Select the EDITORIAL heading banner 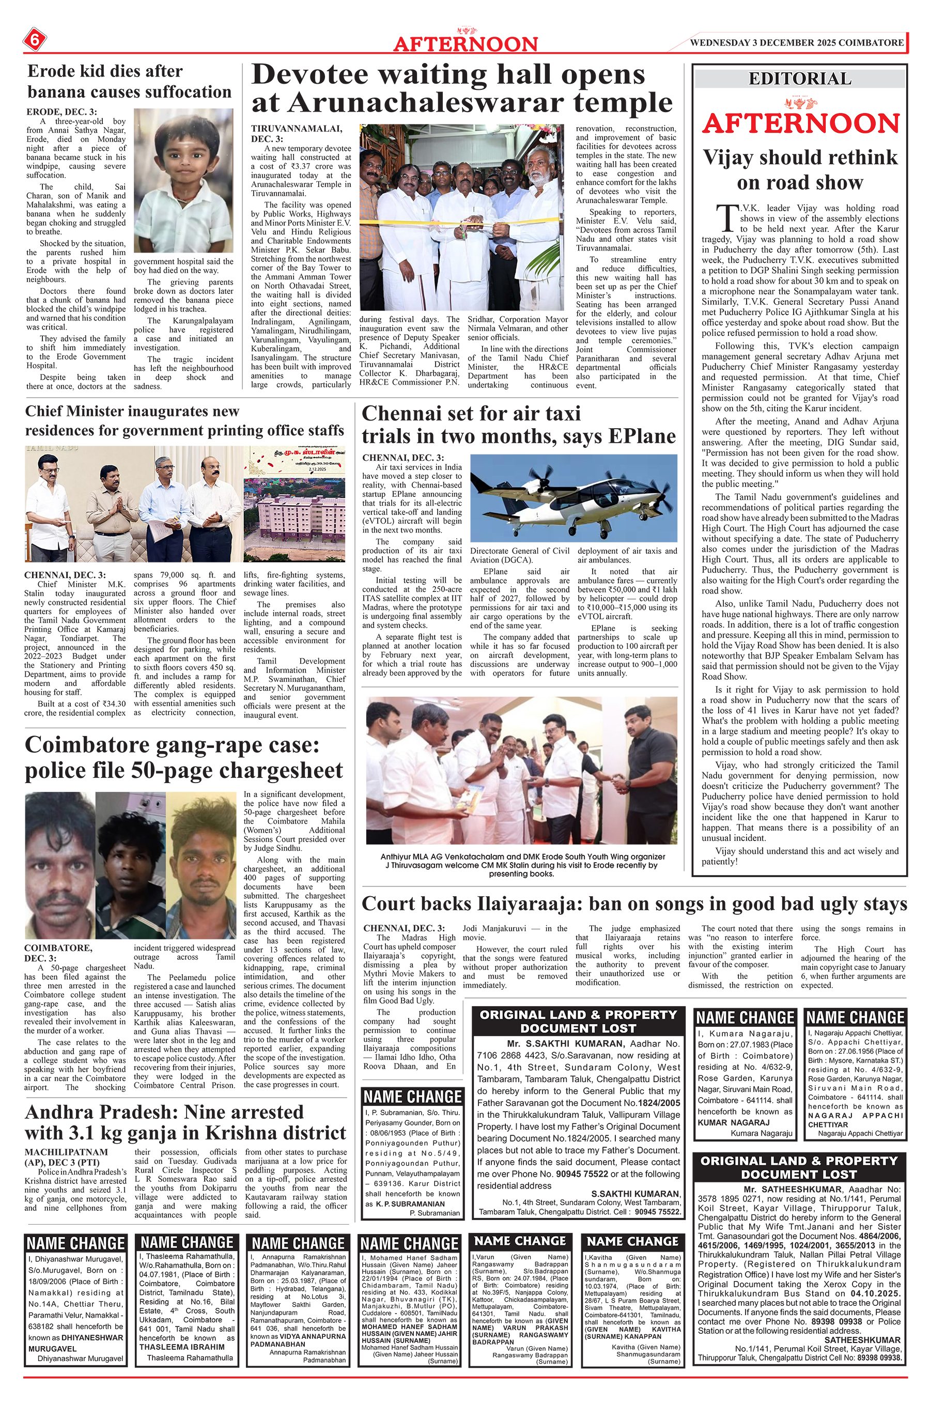click(x=799, y=79)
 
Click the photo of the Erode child click(x=183, y=181)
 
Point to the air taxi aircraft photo click(x=573, y=497)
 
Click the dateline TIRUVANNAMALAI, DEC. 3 click(x=296, y=133)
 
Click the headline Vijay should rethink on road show click(x=799, y=169)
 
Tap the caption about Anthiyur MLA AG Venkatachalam click(x=522, y=865)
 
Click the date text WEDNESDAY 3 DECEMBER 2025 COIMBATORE click(x=797, y=43)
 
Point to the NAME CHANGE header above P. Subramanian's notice click(x=412, y=1096)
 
